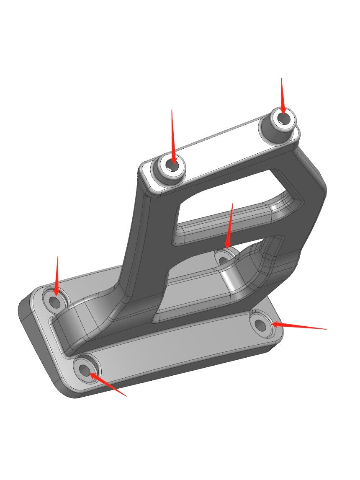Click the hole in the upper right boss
pyautogui.click(x=284, y=119)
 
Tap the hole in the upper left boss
pyautogui.click(x=172, y=165)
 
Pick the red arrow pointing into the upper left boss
pyautogui.click(x=172, y=134)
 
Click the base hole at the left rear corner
pyautogui.click(x=55, y=301)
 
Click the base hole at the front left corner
pyautogui.click(x=85, y=369)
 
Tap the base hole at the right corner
pyautogui.click(x=261, y=324)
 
